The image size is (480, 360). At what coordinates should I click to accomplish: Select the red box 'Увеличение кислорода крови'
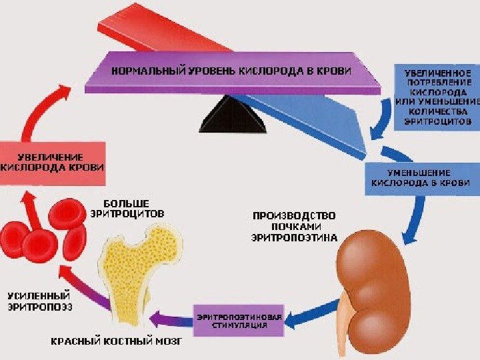click(52, 163)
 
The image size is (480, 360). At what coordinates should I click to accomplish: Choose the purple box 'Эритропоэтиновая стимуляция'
click(239, 321)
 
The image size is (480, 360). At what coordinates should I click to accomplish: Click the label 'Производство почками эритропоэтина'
click(293, 226)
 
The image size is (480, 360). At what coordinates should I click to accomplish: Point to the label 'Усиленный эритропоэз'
click(39, 301)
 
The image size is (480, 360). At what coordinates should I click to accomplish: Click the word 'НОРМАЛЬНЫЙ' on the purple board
click(138, 71)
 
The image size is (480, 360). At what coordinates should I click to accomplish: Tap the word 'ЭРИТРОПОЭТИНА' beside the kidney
click(294, 237)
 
